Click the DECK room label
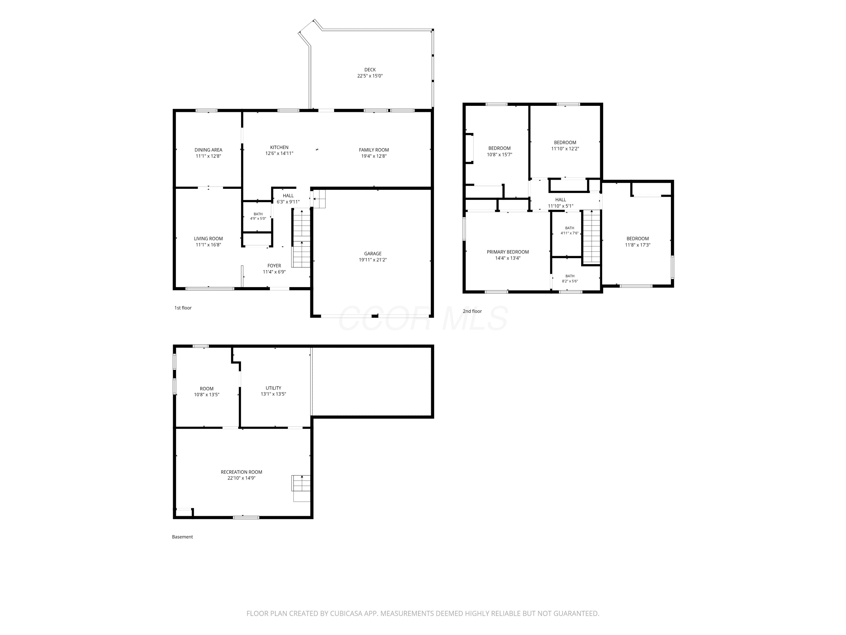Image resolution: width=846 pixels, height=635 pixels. point(370,70)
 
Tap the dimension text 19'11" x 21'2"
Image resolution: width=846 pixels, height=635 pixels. point(373,260)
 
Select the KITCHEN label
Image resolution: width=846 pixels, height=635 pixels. point(279,147)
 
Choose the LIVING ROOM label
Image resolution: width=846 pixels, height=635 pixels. point(208,239)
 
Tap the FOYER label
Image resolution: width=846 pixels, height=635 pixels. point(274,266)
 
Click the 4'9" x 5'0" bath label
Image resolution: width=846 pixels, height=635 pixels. point(258,218)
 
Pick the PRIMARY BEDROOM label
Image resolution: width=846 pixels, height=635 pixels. point(508,252)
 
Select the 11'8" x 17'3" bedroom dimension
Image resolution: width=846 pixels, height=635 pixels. point(638,245)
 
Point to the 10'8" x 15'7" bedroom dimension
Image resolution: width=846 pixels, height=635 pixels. point(499,155)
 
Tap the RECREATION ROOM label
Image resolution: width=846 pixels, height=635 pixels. point(241,472)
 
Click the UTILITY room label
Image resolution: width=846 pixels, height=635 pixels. point(274,388)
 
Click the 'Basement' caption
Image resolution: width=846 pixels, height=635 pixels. point(182,537)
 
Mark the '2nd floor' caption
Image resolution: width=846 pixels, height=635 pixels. point(472,311)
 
